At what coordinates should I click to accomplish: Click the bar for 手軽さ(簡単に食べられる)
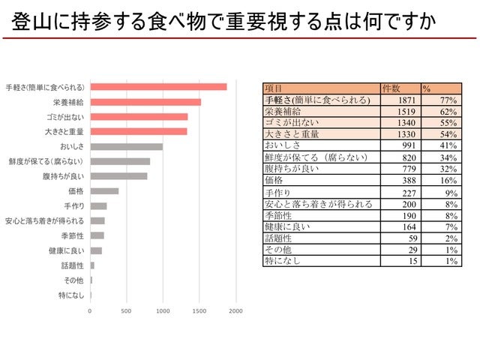pyautogui.click(x=157, y=86)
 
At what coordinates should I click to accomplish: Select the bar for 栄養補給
pyautogui.click(x=145, y=101)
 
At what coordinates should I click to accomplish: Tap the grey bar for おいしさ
pyautogui.click(x=126, y=146)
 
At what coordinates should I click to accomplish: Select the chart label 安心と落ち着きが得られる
pyautogui.click(x=44, y=220)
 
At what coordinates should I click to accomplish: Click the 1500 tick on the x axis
pyautogui.click(x=199, y=310)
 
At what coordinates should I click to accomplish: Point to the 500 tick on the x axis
pyautogui.click(x=126, y=310)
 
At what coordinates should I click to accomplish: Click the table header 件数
pyautogui.click(x=391, y=88)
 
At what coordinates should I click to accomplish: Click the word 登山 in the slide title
pyautogui.click(x=29, y=23)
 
